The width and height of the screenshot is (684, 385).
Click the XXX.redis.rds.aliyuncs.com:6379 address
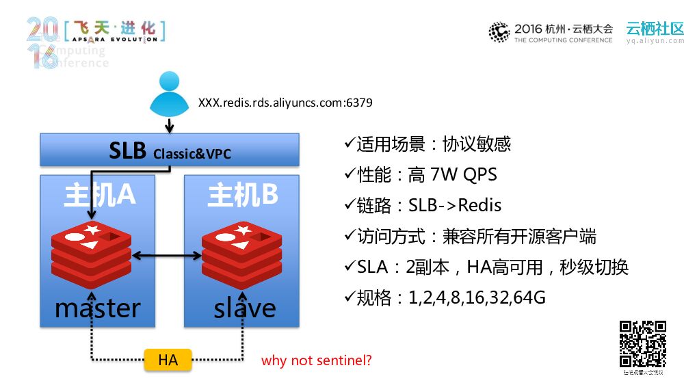pos(285,103)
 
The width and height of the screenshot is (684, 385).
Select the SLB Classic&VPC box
pos(170,150)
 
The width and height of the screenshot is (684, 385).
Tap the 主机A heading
pos(99,195)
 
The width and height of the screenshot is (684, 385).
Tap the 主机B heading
pos(243,195)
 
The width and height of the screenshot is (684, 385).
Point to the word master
pos(97,308)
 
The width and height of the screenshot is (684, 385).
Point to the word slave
pos(244,308)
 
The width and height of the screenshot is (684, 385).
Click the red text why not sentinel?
pos(316,360)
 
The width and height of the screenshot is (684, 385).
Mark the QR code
pos(642,344)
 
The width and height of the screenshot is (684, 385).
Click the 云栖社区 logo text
pos(655,29)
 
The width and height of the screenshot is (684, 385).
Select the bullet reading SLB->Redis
pos(423,205)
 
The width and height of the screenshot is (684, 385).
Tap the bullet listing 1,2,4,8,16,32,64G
pos(445,297)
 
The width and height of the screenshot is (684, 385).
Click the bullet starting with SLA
pos(486,267)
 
